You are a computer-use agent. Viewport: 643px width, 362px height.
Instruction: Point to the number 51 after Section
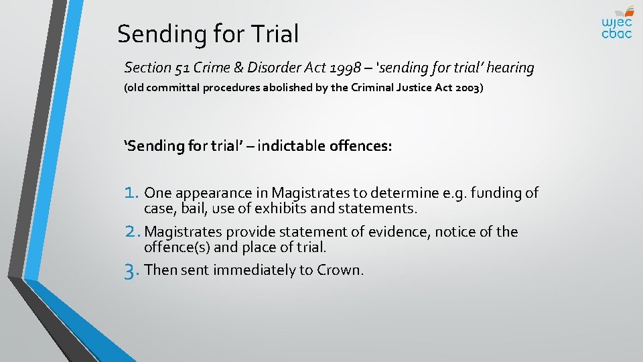point(179,68)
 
